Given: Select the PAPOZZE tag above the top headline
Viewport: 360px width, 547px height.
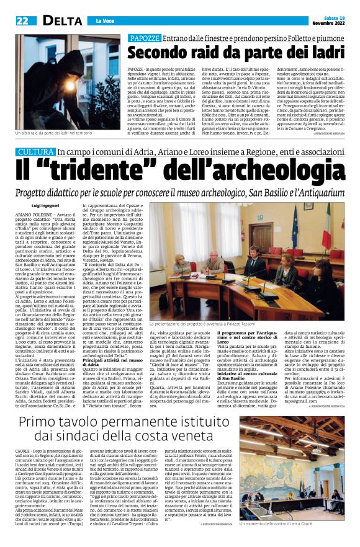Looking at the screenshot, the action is [x=144, y=38].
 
